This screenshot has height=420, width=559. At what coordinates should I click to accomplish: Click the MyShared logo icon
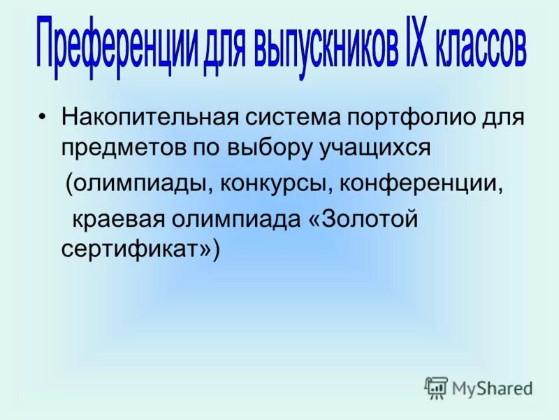click(436, 387)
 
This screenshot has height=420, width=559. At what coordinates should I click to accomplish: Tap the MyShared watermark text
click(493, 387)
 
